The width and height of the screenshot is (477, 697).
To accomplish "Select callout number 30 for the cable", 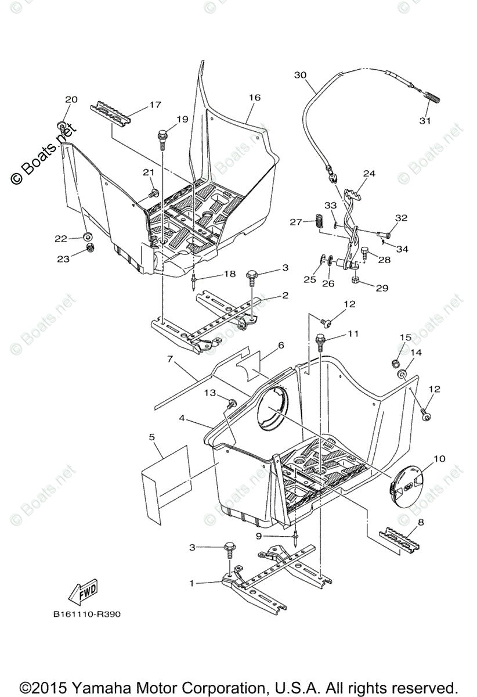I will coord(300,75).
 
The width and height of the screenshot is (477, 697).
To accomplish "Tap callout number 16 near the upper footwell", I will coord(255,98).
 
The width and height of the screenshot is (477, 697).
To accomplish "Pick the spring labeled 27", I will coord(318,221).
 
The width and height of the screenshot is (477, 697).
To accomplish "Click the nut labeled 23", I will coord(90,249).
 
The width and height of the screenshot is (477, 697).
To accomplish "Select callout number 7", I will coord(171,360).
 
